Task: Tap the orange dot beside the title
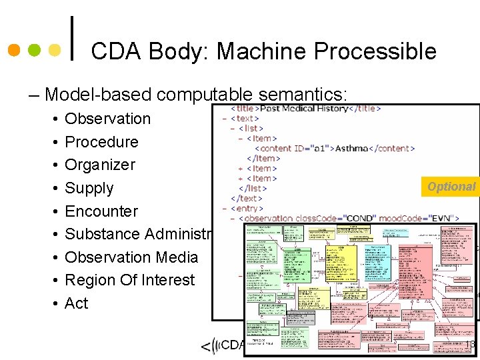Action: tap(13, 50)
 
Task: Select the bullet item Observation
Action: tap(107, 119)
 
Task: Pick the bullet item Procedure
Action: tap(101, 142)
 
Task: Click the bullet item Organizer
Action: tap(100, 165)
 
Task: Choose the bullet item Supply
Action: tap(89, 188)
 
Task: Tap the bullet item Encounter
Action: tap(101, 211)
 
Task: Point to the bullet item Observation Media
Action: tap(131, 257)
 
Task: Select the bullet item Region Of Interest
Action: tap(129, 280)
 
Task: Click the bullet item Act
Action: tap(76, 303)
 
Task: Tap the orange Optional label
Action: tap(451, 187)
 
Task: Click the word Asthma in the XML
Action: tap(351, 148)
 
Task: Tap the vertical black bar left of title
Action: tap(71, 39)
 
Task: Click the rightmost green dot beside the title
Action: tap(56, 50)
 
